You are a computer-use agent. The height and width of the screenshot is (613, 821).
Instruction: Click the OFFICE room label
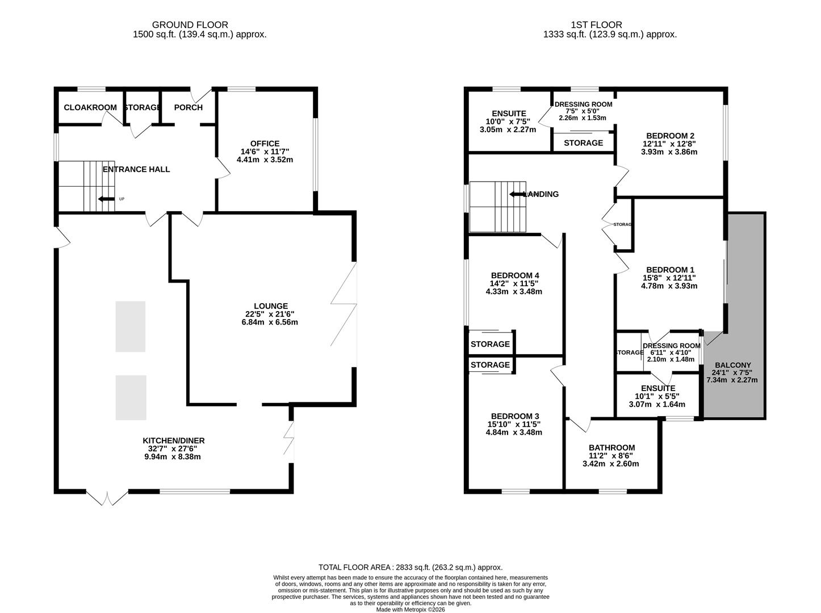coord(265,144)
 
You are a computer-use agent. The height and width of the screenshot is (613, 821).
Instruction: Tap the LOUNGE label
coord(271,306)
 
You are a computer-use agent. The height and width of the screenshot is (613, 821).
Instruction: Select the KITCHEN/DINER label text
coord(173,440)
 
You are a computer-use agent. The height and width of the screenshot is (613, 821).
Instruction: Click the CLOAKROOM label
coord(90,107)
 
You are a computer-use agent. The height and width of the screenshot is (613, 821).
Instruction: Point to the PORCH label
coord(188,107)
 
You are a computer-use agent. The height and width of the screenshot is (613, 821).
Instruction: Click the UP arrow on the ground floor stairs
coord(106,199)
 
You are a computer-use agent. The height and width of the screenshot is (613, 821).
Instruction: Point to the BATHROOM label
coord(611,448)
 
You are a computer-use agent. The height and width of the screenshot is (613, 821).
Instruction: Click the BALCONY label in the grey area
coord(732,365)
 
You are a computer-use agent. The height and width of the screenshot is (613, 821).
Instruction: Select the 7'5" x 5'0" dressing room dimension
coord(583,111)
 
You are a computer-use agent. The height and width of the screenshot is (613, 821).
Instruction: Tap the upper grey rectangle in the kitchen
coord(131,326)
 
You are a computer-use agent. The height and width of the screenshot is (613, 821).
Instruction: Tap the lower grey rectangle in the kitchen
coord(131,397)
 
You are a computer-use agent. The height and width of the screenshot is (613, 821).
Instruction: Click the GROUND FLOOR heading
coord(190,25)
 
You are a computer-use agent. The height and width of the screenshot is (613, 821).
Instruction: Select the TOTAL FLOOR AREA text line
coord(410,567)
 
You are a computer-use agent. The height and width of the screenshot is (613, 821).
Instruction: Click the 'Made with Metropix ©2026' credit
coord(410,610)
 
